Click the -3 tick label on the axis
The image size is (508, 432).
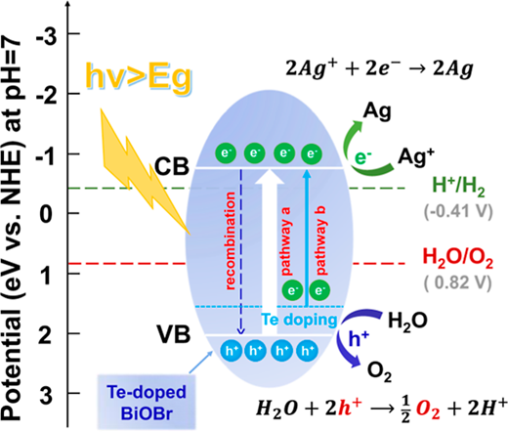pyautogui.click(x=47, y=38)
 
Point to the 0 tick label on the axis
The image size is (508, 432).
pyautogui.click(x=46, y=215)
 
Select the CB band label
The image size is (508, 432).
pyautogui.click(x=172, y=166)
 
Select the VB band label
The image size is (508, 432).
pyautogui.click(x=173, y=334)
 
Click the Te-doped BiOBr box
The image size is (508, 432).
pyautogui.click(x=147, y=402)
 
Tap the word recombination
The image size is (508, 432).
pyautogui.click(x=230, y=241)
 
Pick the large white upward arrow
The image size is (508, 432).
pyautogui.click(x=270, y=251)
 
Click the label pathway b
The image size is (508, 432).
pyautogui.click(x=320, y=240)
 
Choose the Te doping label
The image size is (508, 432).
pyautogui.click(x=299, y=320)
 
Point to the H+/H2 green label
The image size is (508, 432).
pyautogui.click(x=458, y=188)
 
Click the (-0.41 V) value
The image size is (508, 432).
pyautogui.click(x=458, y=212)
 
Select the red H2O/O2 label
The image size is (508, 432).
pyautogui.click(x=457, y=258)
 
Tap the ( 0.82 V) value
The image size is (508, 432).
pyautogui.click(x=457, y=282)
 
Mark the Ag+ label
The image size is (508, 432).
pyautogui.click(x=416, y=157)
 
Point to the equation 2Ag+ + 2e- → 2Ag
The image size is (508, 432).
pyautogui.click(x=379, y=69)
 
